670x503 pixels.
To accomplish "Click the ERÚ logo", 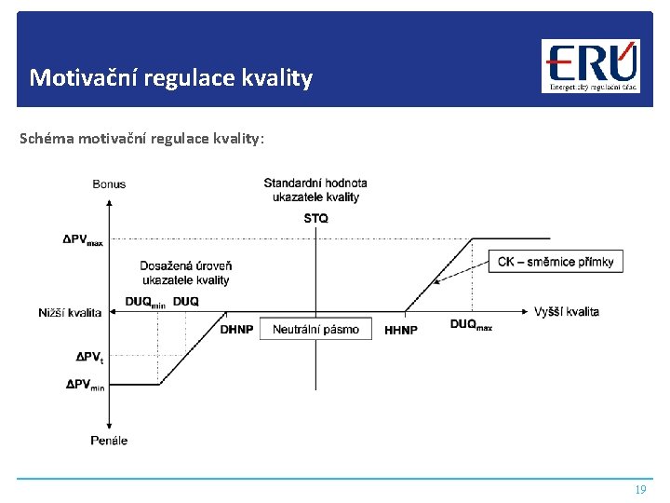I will (591, 66).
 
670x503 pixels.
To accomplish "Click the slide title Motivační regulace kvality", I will (170, 76).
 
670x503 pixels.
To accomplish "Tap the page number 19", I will (639, 489).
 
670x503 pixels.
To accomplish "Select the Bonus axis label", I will (109, 184).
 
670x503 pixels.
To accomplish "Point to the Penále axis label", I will (109, 440).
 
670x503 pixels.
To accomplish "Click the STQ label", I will (315, 218).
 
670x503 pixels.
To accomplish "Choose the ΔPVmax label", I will (83, 239).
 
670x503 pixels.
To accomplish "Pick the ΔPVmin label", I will (85, 384).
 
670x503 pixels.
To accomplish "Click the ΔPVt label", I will (89, 357).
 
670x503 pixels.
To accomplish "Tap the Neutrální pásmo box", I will (315, 330).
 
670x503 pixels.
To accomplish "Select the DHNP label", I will (236, 330).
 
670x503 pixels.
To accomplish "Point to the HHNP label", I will (401, 330).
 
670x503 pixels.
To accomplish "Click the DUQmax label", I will (471, 325).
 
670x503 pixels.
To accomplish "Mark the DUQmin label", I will (144, 302).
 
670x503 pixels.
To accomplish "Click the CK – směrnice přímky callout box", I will (556, 262).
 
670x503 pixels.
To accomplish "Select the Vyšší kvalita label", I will (567, 312).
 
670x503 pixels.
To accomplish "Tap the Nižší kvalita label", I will (71, 312).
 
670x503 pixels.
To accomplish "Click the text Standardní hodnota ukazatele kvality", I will (315, 190).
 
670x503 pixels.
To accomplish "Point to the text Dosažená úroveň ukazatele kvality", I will (186, 273).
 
